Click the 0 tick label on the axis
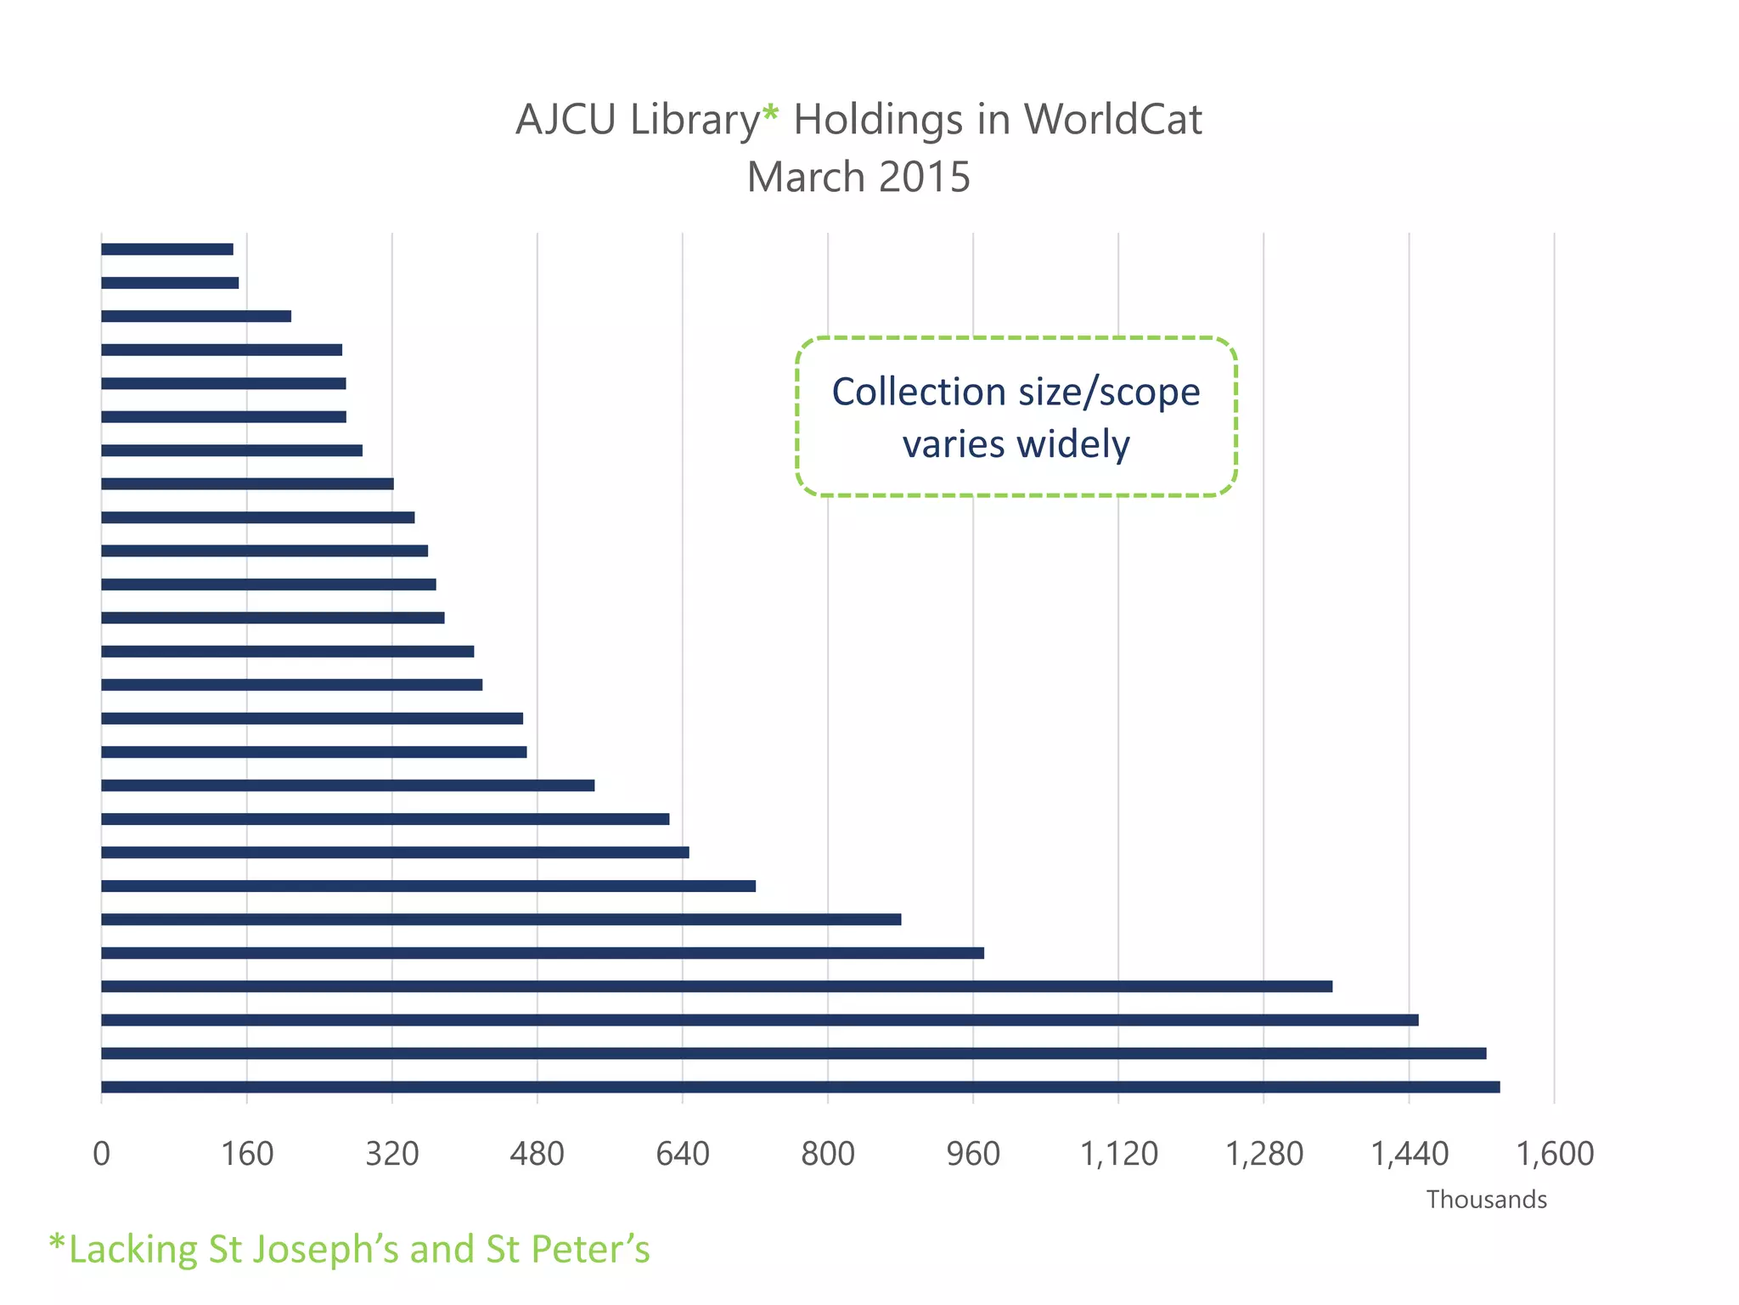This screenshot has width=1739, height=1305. (101, 1154)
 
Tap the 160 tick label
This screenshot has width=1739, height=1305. (247, 1154)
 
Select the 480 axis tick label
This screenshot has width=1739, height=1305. (537, 1154)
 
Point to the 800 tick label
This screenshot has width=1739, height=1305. (828, 1154)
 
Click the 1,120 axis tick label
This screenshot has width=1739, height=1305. (1118, 1154)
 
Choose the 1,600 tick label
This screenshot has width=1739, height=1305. (1555, 1154)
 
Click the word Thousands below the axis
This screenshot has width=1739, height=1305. (1486, 1200)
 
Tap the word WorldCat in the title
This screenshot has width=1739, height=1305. (1112, 120)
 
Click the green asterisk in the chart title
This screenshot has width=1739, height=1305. (769, 113)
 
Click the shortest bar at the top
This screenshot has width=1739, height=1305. (167, 249)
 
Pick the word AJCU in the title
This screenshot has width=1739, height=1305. (566, 120)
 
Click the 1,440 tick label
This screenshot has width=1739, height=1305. (1410, 1154)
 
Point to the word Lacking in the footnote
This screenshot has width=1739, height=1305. (132, 1250)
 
